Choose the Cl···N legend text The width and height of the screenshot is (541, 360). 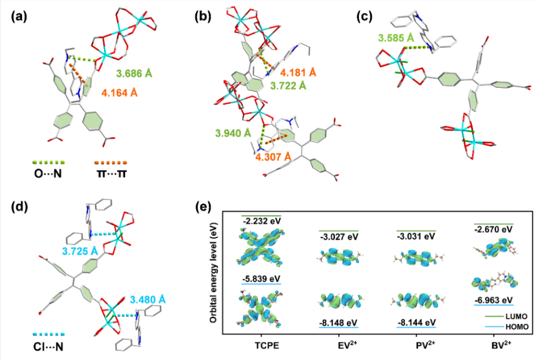pos(49,345)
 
